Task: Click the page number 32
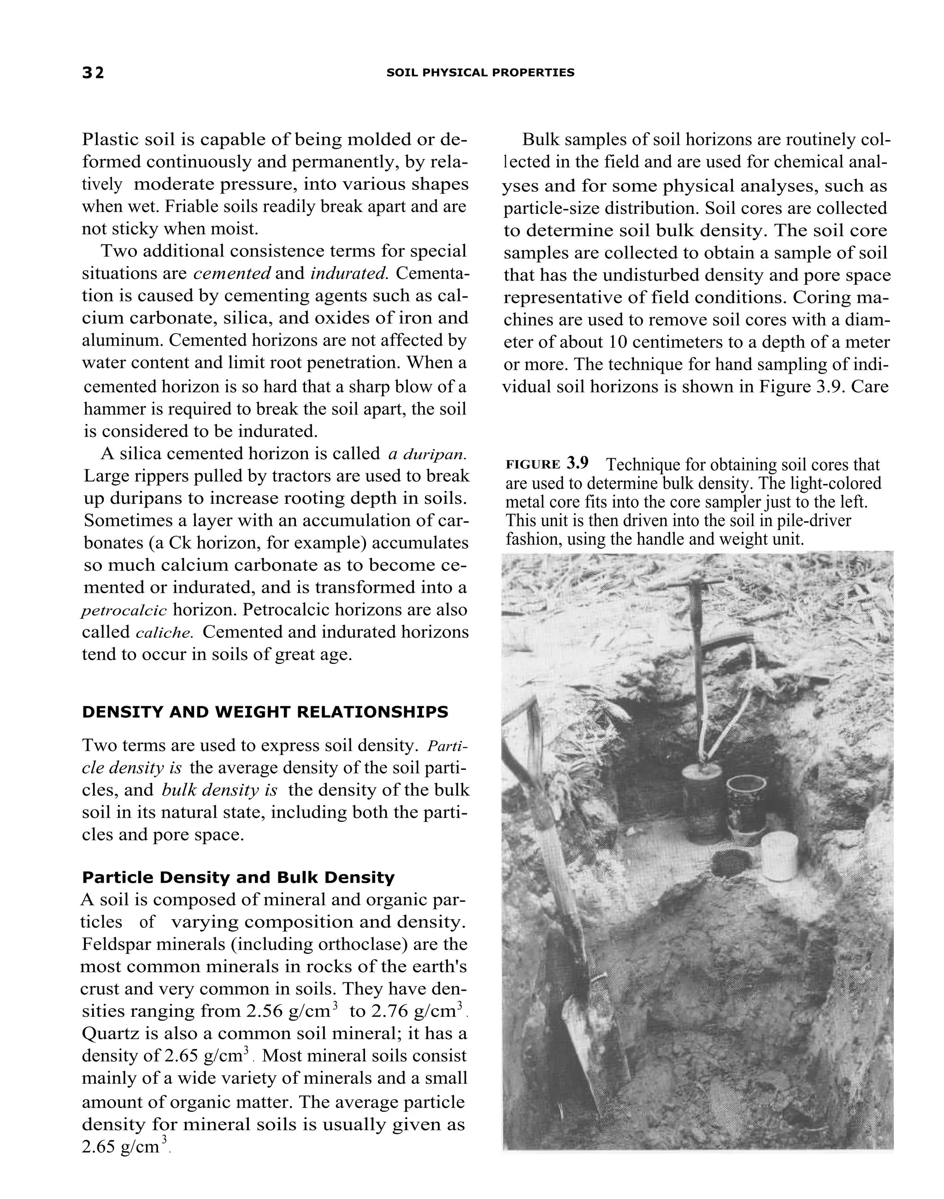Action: [x=93, y=72]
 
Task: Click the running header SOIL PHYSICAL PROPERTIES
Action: [x=480, y=72]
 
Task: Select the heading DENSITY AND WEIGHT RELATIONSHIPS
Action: [x=265, y=712]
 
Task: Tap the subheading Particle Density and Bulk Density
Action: [x=238, y=877]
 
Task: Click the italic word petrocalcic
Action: [x=124, y=611]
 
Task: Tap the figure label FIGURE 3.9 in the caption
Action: [x=547, y=463]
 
